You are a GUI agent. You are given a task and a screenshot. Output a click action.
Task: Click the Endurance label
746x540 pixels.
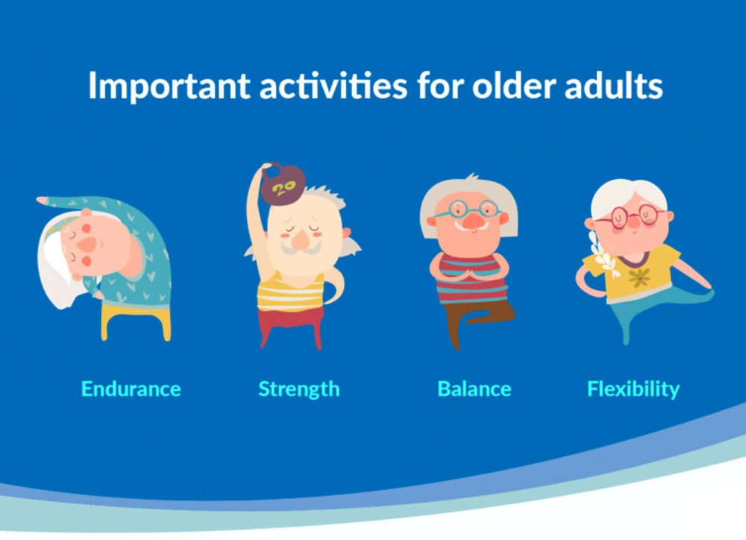click(x=131, y=389)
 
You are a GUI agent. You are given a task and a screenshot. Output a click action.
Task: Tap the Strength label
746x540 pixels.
click(x=299, y=389)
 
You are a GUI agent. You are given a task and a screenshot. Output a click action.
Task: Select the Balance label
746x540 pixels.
click(x=474, y=389)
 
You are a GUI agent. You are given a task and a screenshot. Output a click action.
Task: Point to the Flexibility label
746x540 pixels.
click(x=633, y=389)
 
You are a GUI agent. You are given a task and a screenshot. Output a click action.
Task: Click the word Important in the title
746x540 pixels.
click(x=169, y=86)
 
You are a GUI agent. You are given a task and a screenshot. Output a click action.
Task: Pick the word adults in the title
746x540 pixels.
click(x=614, y=86)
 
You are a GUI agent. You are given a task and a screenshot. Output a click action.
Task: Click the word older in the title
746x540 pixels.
click(x=514, y=86)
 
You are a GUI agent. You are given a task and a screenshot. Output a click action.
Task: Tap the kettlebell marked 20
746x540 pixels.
click(x=283, y=184)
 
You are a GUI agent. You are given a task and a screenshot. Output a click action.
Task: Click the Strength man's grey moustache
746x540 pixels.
click(x=301, y=248)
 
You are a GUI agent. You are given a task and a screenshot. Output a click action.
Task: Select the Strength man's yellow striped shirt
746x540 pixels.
click(x=290, y=294)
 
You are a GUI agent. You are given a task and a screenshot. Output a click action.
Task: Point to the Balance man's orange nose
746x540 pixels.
click(x=473, y=222)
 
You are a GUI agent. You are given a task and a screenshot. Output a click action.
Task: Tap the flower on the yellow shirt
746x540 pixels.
click(x=639, y=277)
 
